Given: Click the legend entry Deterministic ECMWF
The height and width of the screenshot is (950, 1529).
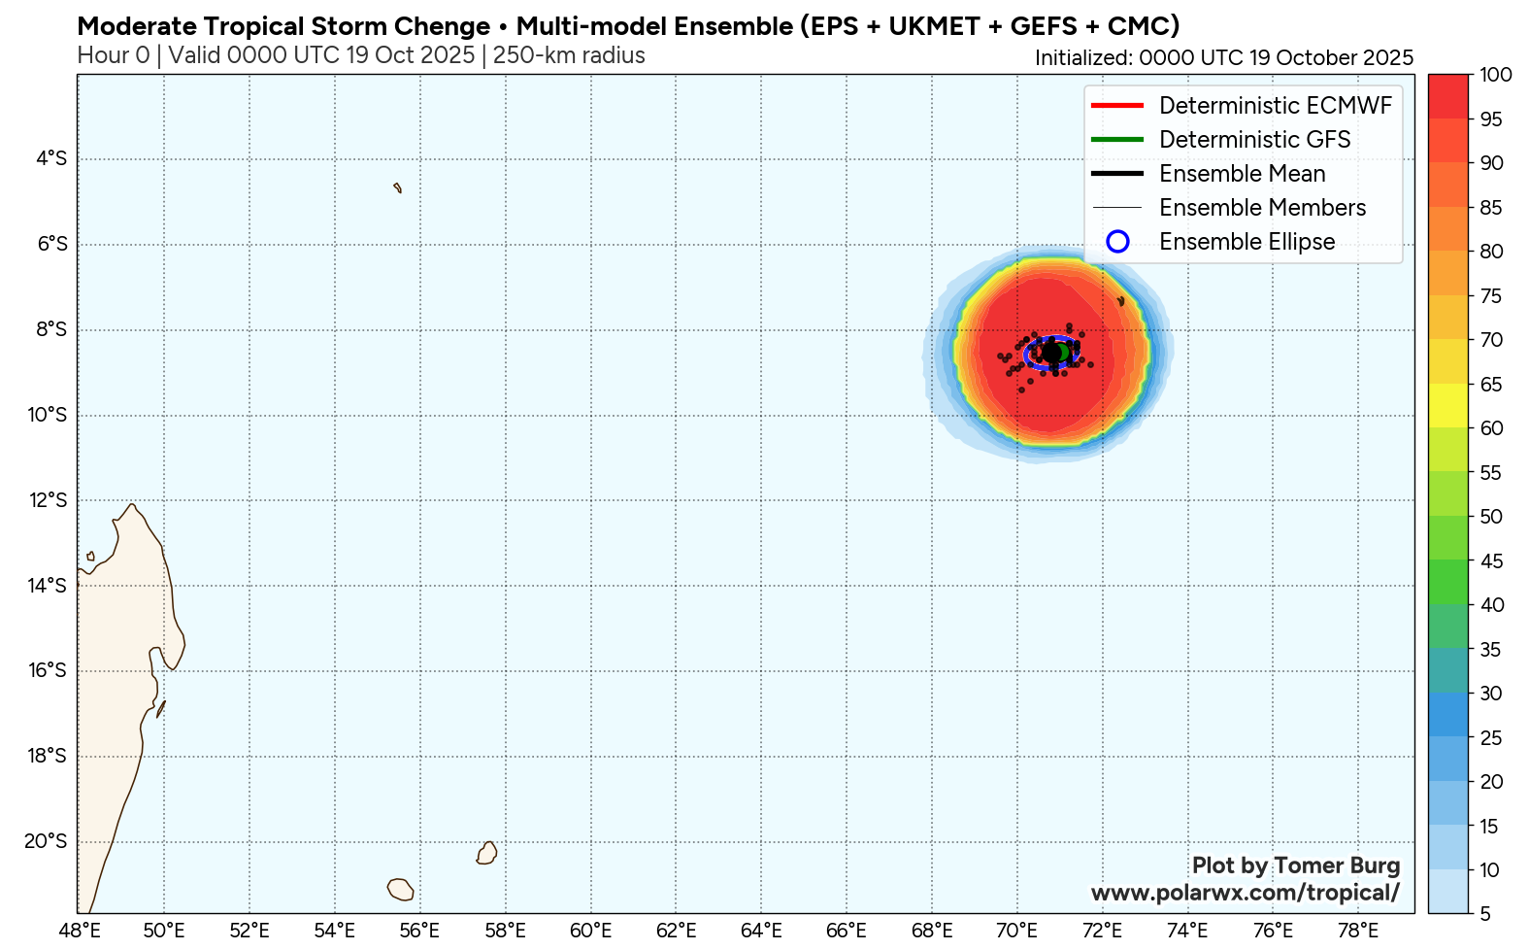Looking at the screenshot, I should click(x=1275, y=106).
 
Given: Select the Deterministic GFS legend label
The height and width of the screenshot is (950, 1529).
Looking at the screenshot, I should click(x=1254, y=140).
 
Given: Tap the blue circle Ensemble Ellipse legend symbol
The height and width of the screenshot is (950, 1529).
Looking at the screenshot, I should click(x=1117, y=242).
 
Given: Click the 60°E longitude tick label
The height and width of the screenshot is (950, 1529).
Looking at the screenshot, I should click(x=590, y=931).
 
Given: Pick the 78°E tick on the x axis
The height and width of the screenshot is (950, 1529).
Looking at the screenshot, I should click(x=1357, y=931).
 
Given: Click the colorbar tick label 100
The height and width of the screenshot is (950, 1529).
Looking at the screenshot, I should click(x=1496, y=75).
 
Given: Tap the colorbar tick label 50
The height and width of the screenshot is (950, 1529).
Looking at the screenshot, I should click(x=1491, y=517).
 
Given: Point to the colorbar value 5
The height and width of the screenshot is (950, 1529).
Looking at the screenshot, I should click(x=1486, y=914).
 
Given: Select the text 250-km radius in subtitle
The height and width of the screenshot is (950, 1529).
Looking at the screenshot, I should click(x=569, y=55).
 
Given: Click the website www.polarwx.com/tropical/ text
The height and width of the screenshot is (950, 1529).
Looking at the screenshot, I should click(x=1245, y=893).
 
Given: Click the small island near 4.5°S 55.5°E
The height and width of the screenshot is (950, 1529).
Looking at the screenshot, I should click(x=397, y=187).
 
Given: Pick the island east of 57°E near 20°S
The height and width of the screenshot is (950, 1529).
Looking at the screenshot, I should click(x=487, y=853).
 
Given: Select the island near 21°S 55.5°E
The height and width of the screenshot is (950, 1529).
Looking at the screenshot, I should click(x=400, y=889).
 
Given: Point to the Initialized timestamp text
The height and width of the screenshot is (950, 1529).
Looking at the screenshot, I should click(x=1223, y=57).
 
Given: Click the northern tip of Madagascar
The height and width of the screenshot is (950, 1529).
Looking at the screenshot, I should click(x=131, y=505).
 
